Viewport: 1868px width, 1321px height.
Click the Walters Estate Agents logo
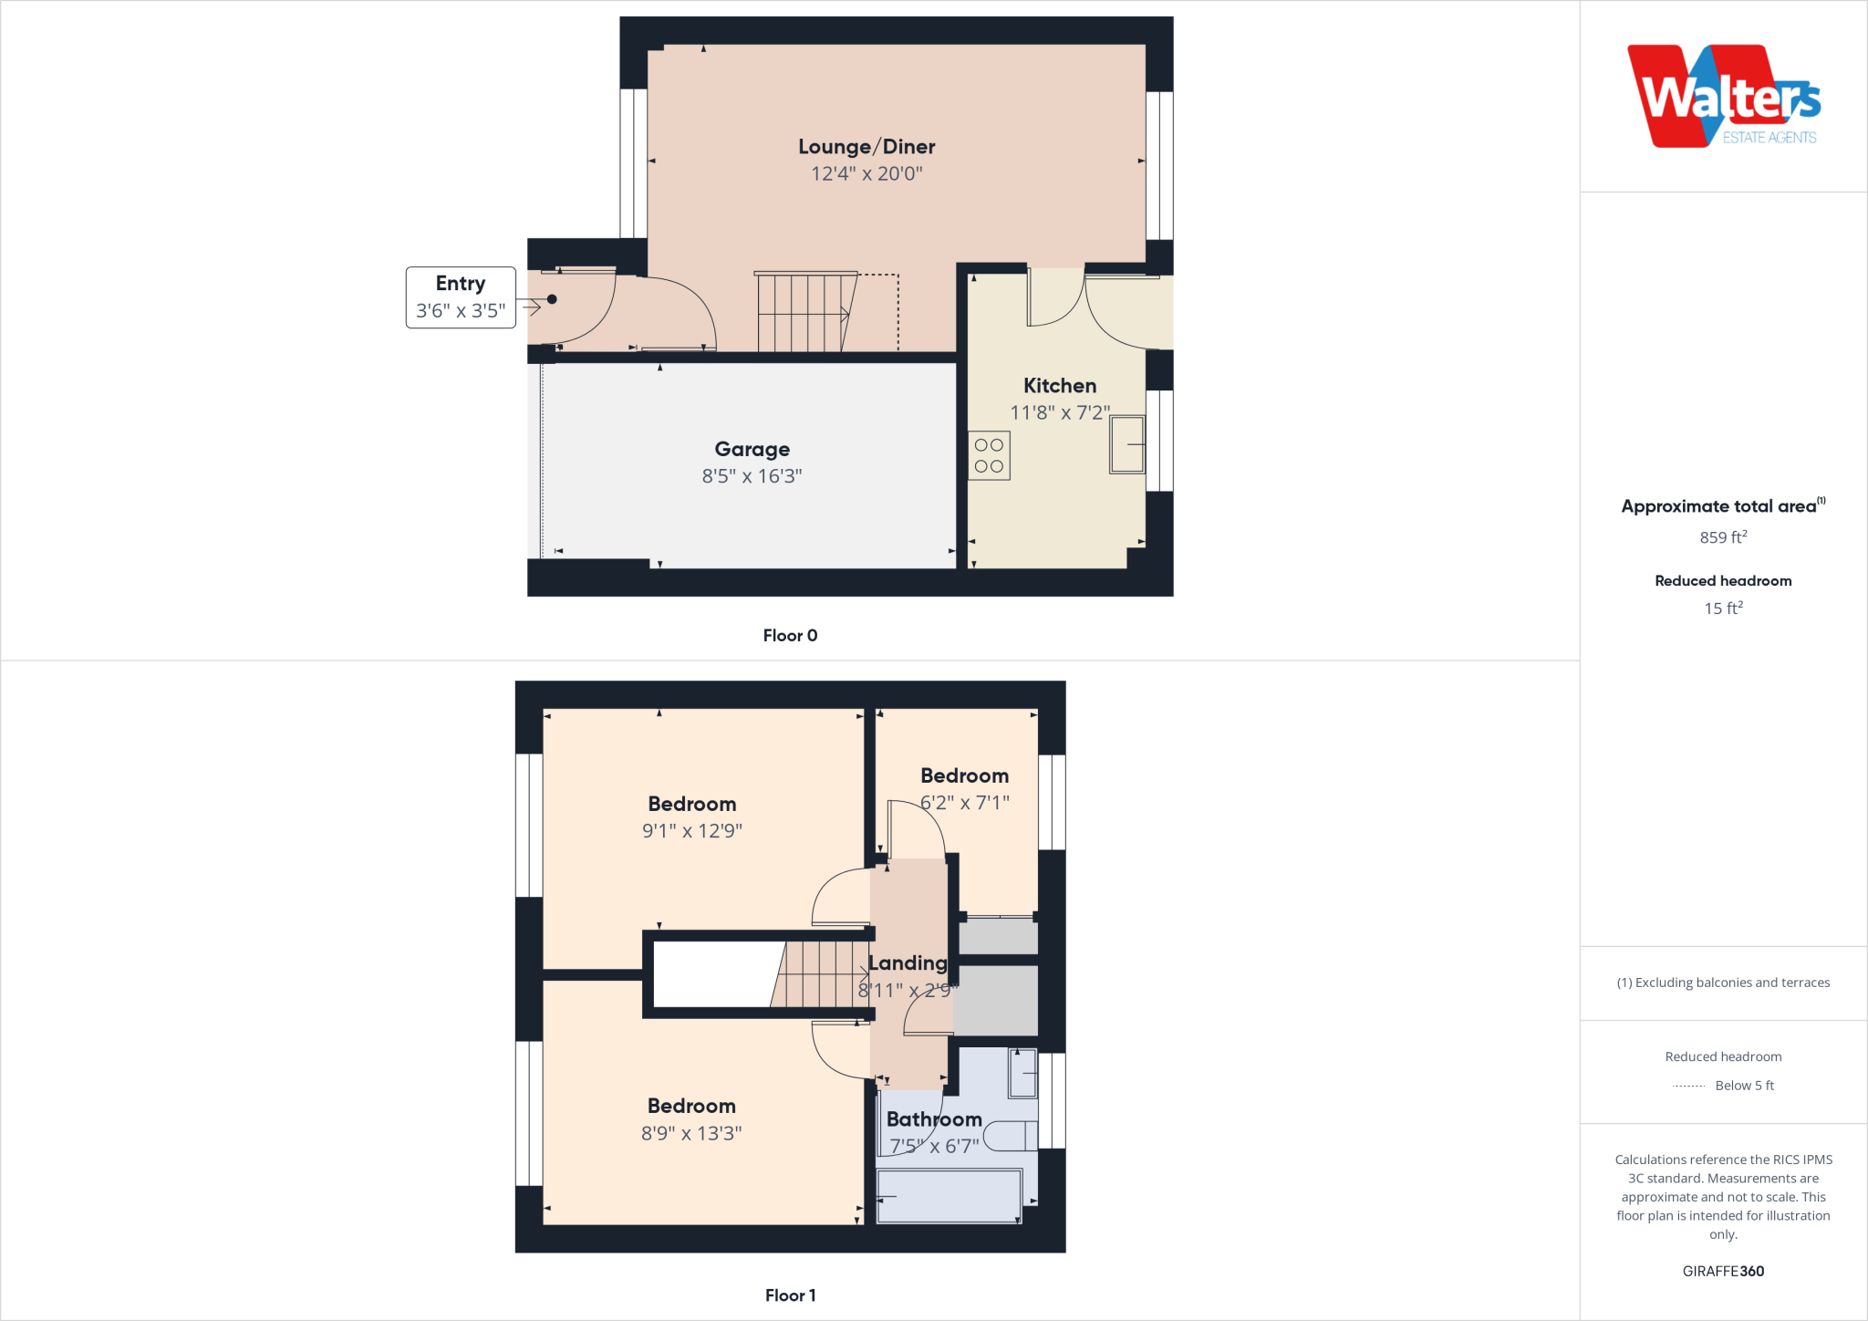pos(1723,96)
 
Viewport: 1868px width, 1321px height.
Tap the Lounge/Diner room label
pos(867,147)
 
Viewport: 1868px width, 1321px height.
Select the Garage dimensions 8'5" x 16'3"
pos(752,476)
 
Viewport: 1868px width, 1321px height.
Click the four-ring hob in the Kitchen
pos(989,455)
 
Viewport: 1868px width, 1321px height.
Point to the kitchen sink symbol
pos(1127,444)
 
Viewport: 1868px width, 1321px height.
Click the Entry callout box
pos(461,297)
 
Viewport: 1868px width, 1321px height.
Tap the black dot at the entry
pos(552,299)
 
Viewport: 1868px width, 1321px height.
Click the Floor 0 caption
pos(790,636)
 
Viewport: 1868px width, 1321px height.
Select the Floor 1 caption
pos(790,1295)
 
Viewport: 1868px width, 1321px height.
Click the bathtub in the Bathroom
pos(949,1195)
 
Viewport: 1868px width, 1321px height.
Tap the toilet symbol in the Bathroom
pos(1010,1136)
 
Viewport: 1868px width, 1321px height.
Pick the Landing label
pos(908,963)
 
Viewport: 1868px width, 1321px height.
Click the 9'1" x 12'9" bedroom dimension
pos(692,831)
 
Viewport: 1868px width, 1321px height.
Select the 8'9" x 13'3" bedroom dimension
pos(691,1134)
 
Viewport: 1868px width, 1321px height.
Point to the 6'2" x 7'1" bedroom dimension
pos(964,803)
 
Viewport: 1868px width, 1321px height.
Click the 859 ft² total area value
pos(1723,537)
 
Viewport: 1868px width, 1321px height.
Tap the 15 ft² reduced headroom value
pos(1723,608)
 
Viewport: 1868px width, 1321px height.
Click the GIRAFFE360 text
pos(1723,1272)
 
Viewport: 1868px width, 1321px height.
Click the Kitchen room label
pos(1060,386)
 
